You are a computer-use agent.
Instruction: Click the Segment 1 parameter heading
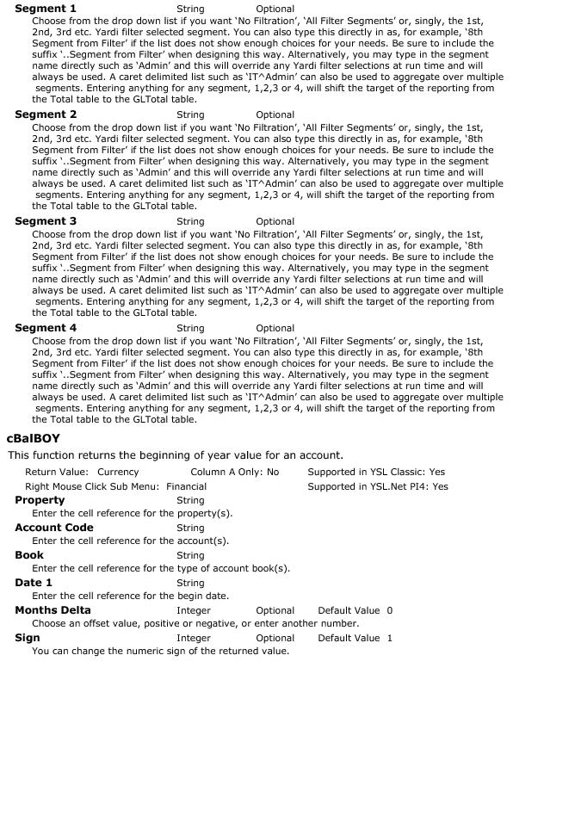pyautogui.click(x=46, y=9)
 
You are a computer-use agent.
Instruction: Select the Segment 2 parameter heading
pyautogui.click(x=46, y=114)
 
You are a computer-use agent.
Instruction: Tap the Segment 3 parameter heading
pyautogui.click(x=46, y=221)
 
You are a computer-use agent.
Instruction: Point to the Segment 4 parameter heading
pyautogui.click(x=46, y=328)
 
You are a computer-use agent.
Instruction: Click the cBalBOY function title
pyautogui.click(x=34, y=439)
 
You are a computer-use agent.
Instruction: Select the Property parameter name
pyautogui.click(x=40, y=500)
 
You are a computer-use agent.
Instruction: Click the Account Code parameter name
pyautogui.click(x=54, y=528)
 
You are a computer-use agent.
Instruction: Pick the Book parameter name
pyautogui.click(x=29, y=555)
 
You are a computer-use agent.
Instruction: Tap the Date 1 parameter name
pyautogui.click(x=34, y=583)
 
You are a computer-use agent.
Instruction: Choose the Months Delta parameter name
pyautogui.click(x=53, y=610)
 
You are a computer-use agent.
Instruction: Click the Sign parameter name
pyautogui.click(x=28, y=638)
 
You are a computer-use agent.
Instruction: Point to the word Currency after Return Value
pyautogui.click(x=118, y=472)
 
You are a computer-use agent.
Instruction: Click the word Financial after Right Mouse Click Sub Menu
pyautogui.click(x=187, y=486)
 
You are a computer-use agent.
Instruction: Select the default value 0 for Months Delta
pyautogui.click(x=390, y=610)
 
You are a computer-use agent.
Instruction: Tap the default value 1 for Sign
pyautogui.click(x=390, y=638)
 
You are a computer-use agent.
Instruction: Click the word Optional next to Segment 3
pyautogui.click(x=275, y=221)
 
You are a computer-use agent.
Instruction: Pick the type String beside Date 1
pyautogui.click(x=190, y=583)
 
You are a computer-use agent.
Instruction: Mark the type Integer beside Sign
pyautogui.click(x=194, y=638)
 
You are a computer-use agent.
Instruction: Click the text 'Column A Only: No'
pyautogui.click(x=235, y=472)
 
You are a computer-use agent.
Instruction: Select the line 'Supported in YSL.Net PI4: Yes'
pyautogui.click(x=378, y=486)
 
